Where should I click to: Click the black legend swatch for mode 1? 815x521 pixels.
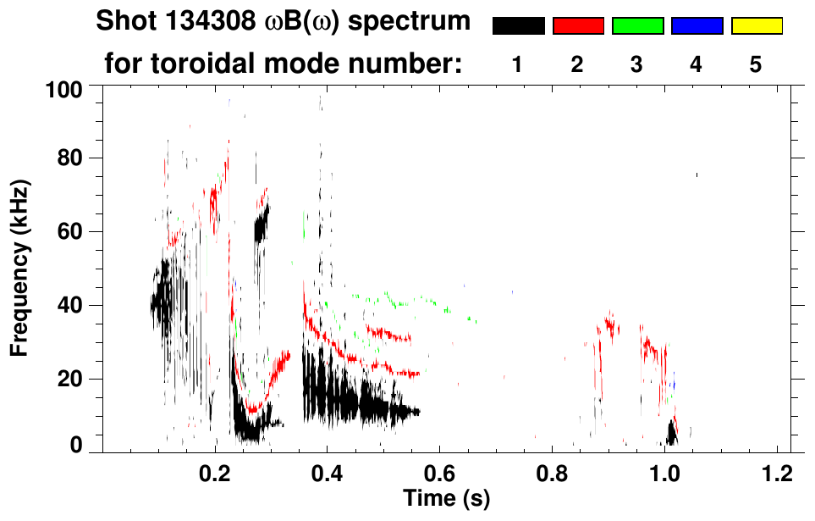pyautogui.click(x=518, y=26)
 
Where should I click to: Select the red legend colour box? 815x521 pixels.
pyautogui.click(x=578, y=26)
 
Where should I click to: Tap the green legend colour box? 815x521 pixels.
pyautogui.click(x=637, y=26)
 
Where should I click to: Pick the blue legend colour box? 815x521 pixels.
pyautogui.click(x=697, y=26)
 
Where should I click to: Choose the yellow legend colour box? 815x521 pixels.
pyautogui.click(x=756, y=26)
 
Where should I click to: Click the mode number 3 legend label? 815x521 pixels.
pyautogui.click(x=637, y=64)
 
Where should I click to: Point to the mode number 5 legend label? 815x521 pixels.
pyautogui.click(x=756, y=64)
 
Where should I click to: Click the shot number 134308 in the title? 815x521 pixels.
pyautogui.click(x=192, y=22)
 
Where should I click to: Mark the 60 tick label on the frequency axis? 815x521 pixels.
pyautogui.click(x=76, y=231)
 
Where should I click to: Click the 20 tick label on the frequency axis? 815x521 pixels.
pyautogui.click(x=76, y=379)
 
